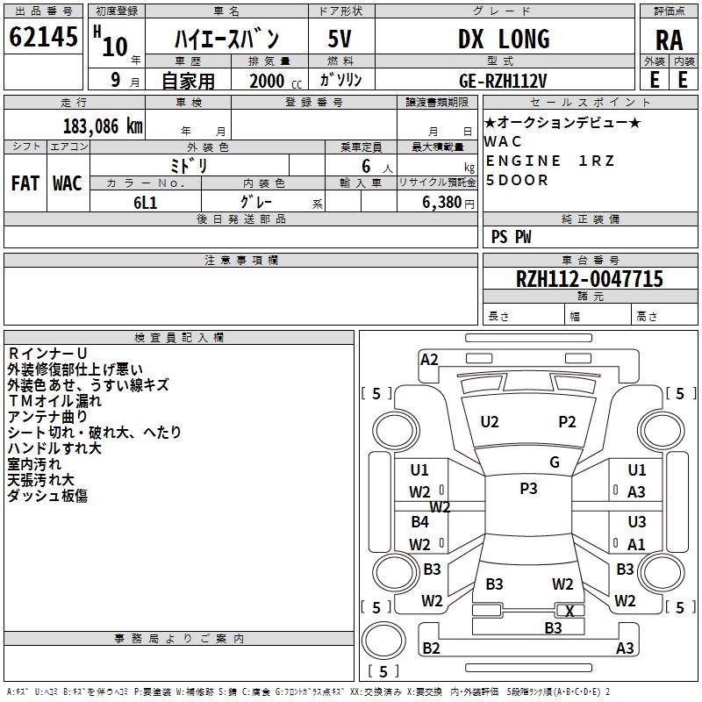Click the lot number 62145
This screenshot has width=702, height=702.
click(x=43, y=38)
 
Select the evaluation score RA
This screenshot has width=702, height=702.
click(x=668, y=41)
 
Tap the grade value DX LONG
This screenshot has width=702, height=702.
click(x=504, y=39)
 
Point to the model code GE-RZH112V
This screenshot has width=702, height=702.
click(x=503, y=80)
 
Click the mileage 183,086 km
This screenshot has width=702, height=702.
click(x=103, y=125)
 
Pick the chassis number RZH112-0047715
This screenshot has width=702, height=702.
click(x=590, y=279)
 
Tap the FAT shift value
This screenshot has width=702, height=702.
click(x=25, y=183)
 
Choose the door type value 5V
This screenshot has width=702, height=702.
click(x=340, y=39)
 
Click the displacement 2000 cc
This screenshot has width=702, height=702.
click(x=273, y=81)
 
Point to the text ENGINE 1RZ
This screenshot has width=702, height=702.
click(x=550, y=161)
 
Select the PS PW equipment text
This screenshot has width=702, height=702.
click(x=511, y=237)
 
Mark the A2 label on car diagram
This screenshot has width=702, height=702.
click(x=429, y=359)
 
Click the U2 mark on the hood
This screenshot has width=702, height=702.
click(x=490, y=422)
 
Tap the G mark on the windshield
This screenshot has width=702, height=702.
click(x=555, y=462)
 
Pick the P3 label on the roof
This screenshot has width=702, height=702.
click(x=528, y=489)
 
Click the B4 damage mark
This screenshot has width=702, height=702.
click(x=420, y=522)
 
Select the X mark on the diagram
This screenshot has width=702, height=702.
click(x=569, y=612)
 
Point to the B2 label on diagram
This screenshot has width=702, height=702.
click(x=431, y=648)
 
